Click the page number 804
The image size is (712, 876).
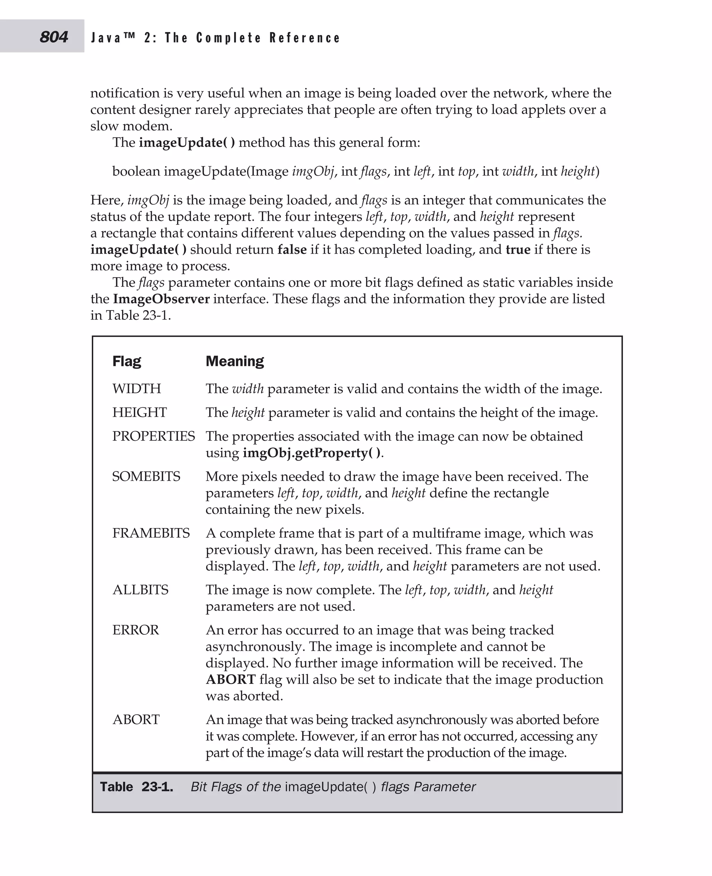(x=54, y=37)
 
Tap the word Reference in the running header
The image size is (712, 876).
(x=305, y=38)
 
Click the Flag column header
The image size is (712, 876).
(x=127, y=361)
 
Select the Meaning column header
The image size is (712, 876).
(x=235, y=361)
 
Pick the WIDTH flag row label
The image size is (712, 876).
(x=137, y=388)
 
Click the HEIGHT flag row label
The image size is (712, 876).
(x=139, y=412)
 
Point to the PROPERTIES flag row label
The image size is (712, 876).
(x=153, y=436)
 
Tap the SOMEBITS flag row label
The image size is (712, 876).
(x=146, y=476)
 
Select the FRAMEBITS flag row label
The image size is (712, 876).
(x=151, y=533)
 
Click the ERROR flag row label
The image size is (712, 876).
(x=135, y=630)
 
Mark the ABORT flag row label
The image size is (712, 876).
(x=136, y=719)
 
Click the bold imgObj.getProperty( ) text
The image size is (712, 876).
(x=312, y=453)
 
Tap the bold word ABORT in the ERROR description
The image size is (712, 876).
(x=230, y=679)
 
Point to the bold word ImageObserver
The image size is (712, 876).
(x=161, y=299)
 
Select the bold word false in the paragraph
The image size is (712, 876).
(x=292, y=249)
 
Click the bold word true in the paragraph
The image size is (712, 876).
(x=518, y=249)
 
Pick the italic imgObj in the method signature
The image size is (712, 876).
(x=313, y=171)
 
